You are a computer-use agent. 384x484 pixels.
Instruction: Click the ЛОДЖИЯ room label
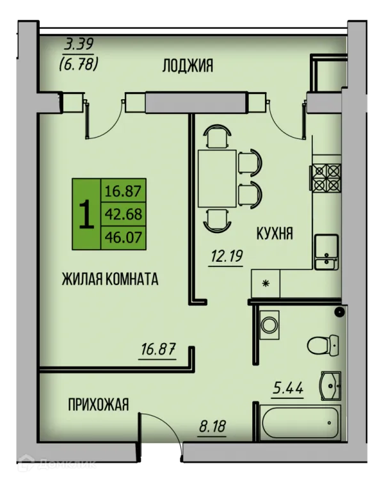tap(188, 66)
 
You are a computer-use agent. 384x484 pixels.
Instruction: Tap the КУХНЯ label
tap(275, 233)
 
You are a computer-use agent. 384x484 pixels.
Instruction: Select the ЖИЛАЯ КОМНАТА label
tap(110, 279)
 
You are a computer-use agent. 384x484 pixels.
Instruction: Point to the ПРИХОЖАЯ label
tap(98, 405)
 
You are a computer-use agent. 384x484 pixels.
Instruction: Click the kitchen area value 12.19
tap(227, 256)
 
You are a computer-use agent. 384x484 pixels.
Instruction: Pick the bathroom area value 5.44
tap(288, 388)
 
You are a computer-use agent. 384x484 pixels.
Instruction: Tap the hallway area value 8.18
tap(212, 426)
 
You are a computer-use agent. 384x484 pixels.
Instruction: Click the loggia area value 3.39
tap(79, 44)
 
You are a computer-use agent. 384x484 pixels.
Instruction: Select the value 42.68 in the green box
tap(124, 214)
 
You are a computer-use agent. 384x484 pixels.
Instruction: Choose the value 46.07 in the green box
tap(124, 238)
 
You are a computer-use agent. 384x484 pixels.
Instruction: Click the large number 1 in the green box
tap(86, 214)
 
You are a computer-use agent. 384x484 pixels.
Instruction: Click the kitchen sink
tap(326, 252)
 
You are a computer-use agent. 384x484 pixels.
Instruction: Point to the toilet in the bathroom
tap(323, 345)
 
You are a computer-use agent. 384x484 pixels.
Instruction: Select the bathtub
tap(300, 423)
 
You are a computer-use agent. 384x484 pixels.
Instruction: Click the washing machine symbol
tap(269, 325)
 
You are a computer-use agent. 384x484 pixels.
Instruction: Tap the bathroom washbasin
tap(331, 385)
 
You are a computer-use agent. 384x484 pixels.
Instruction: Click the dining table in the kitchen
tap(218, 179)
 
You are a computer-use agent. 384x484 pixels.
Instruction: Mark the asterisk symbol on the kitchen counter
tap(266, 284)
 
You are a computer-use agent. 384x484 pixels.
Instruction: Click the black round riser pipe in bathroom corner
tap(340, 312)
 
